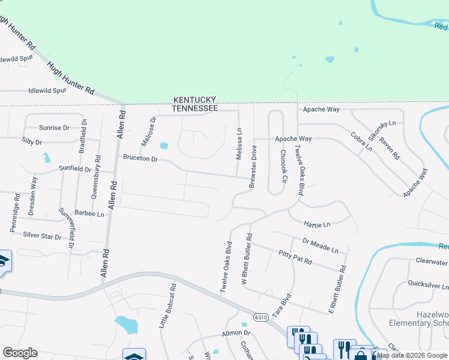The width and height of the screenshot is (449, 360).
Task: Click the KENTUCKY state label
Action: pyautogui.click(x=195, y=100)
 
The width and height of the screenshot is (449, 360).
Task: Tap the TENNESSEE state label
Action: pyautogui.click(x=195, y=108)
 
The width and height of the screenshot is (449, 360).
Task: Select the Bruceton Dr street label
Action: pyautogui.click(x=140, y=159)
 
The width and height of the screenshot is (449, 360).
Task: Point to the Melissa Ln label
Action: pyautogui.click(x=239, y=143)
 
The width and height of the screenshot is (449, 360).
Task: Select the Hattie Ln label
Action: pyautogui.click(x=317, y=224)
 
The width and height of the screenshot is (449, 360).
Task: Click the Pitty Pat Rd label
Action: pyautogui.click(x=294, y=257)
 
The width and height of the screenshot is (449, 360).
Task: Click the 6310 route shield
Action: pyautogui.click(x=261, y=317)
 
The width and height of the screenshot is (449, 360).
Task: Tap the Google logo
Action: pyautogui.click(x=20, y=353)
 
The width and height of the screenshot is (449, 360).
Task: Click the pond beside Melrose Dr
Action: pyautogui.click(x=164, y=145)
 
